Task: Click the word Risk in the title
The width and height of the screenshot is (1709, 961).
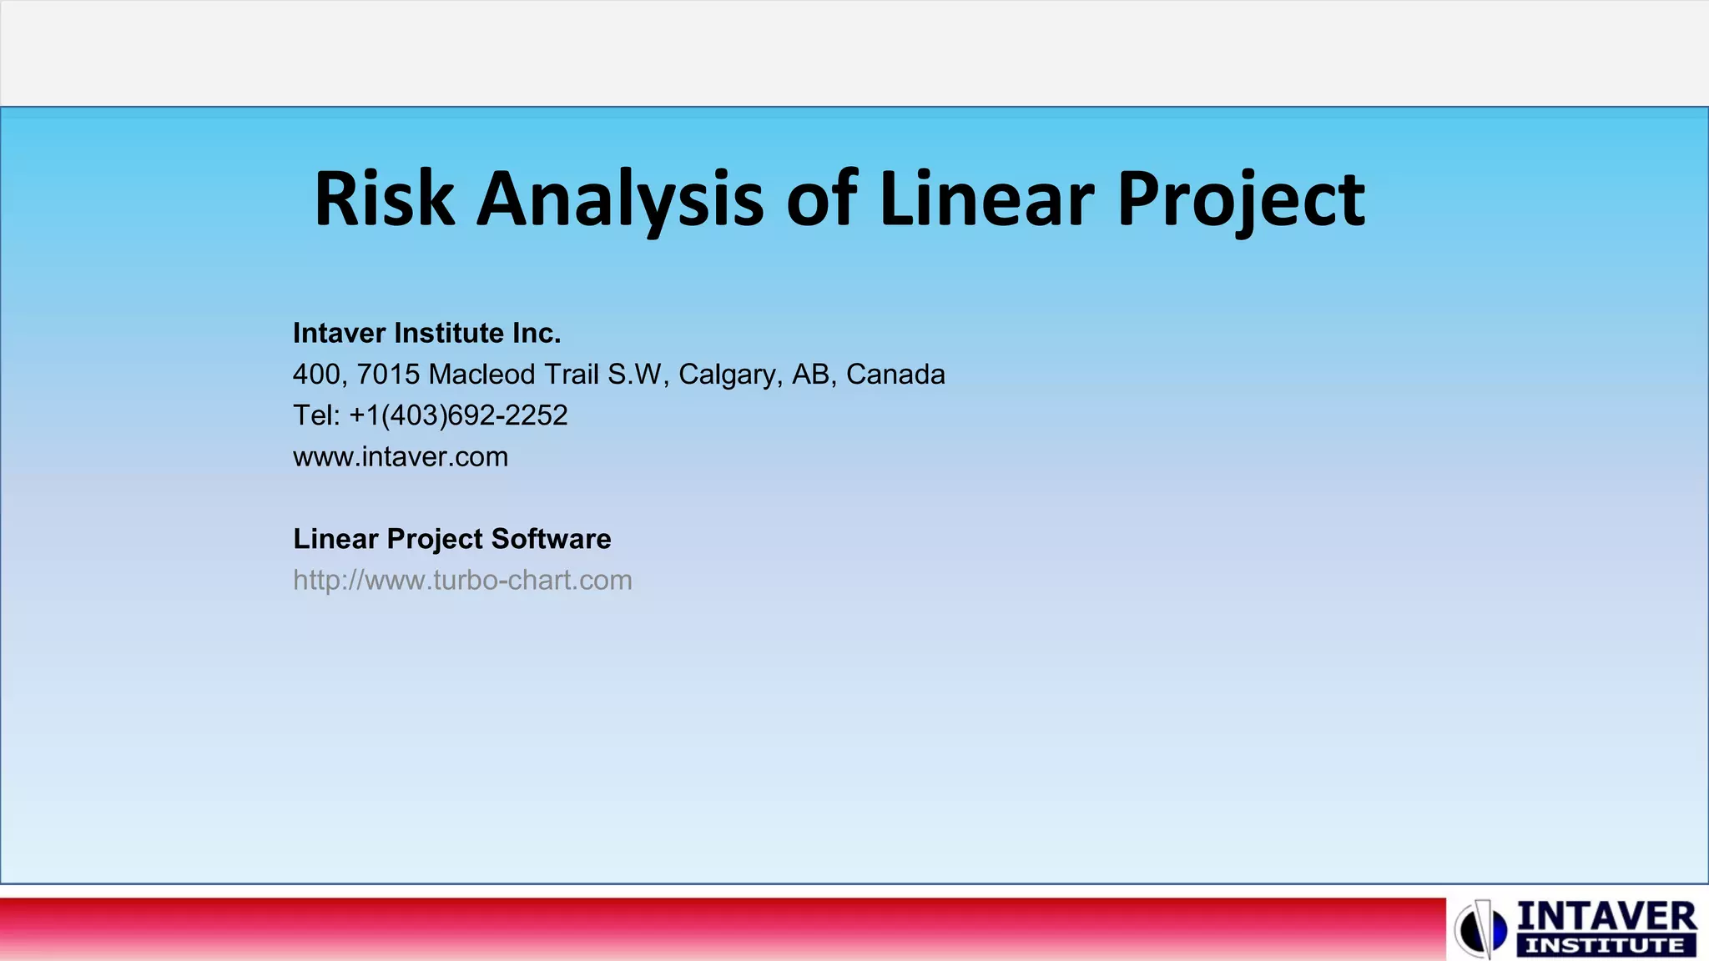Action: tap(384, 200)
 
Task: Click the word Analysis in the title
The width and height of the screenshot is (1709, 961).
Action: tap(619, 200)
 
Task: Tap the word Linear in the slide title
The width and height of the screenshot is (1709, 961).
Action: tap(986, 200)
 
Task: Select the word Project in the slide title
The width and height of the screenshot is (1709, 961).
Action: tap(1241, 200)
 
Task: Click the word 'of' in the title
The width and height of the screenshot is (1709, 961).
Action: tap(822, 200)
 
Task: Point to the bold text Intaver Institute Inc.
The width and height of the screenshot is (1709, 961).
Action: tap(426, 333)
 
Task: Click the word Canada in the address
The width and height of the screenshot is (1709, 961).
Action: tap(895, 375)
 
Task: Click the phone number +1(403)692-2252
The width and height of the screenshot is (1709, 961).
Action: tap(458, 415)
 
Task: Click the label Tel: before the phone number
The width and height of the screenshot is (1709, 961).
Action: tap(316, 415)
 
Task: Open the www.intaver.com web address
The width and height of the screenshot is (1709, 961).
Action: tap(401, 457)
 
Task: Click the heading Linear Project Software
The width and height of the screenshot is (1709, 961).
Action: tap(451, 539)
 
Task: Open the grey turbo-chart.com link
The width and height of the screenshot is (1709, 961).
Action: tap(462, 580)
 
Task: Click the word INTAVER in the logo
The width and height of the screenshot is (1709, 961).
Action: tap(1606, 917)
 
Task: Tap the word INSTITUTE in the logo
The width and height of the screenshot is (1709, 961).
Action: tap(1604, 946)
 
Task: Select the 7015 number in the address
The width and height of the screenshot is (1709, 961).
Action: tap(388, 375)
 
